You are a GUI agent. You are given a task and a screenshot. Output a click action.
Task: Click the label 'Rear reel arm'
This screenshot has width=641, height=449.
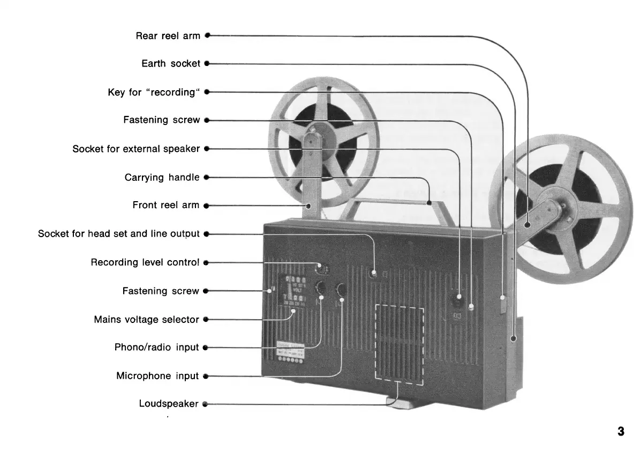click(x=168, y=36)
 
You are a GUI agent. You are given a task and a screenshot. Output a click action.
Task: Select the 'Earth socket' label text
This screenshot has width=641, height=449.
click(x=171, y=63)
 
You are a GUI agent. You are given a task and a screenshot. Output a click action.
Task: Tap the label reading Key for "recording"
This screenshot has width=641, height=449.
click(x=154, y=92)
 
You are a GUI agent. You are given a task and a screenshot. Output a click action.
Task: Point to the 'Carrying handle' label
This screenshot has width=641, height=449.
click(x=162, y=177)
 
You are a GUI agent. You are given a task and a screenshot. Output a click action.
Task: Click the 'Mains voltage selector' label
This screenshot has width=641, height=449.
click(x=146, y=320)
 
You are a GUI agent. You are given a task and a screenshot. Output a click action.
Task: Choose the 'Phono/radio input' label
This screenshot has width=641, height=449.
click(x=156, y=348)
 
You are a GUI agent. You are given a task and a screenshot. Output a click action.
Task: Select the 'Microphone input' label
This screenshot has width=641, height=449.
click(x=157, y=376)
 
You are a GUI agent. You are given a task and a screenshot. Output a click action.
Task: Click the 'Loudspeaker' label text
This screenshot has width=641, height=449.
click(x=169, y=404)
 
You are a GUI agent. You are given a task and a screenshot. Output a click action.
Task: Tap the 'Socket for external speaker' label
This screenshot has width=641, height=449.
click(x=136, y=149)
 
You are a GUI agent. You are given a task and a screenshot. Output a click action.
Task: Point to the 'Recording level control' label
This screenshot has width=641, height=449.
click(x=145, y=263)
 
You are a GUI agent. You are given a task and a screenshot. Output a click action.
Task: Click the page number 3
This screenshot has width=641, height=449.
click(x=621, y=431)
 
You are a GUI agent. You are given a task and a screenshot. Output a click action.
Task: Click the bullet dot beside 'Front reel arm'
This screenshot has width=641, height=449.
click(x=206, y=205)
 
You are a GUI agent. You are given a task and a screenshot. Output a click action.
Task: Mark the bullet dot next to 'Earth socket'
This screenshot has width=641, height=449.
click(x=206, y=63)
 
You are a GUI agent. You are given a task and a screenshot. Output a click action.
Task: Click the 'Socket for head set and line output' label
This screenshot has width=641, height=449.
click(x=118, y=234)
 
